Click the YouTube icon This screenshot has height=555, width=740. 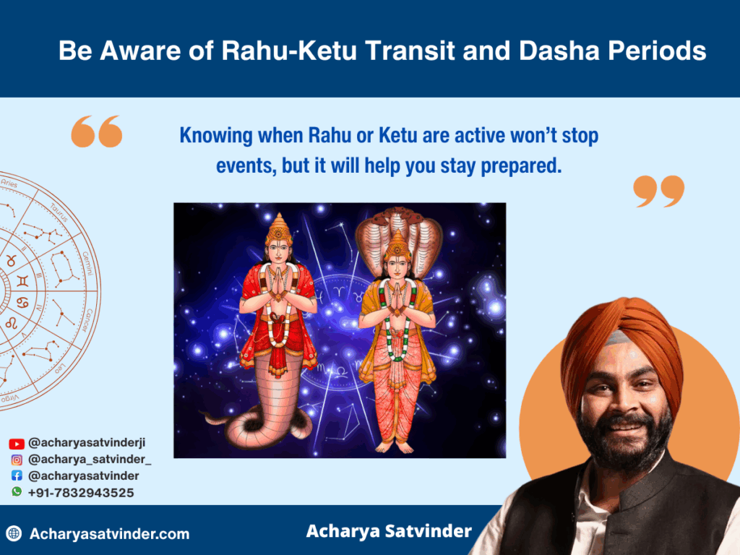coord(17,444)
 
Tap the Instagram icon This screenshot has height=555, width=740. coord(17,460)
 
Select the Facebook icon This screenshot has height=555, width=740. coord(17,476)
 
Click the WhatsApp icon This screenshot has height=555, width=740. coord(17,491)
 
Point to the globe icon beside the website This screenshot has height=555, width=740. coord(14,533)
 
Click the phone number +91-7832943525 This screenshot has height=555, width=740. coord(81,493)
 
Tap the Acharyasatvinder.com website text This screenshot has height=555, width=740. coord(110,534)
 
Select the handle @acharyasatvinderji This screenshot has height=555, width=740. coord(87,443)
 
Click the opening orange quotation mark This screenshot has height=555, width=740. coord(97,132)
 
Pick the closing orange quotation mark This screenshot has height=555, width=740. coord(659,191)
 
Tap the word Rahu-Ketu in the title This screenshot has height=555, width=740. coord(289,51)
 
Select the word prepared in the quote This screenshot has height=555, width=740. coord(521,166)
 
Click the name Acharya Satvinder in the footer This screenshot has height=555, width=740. coord(389,531)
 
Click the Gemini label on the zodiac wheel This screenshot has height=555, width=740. coord(88,263)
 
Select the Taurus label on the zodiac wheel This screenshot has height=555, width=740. coord(59,212)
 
